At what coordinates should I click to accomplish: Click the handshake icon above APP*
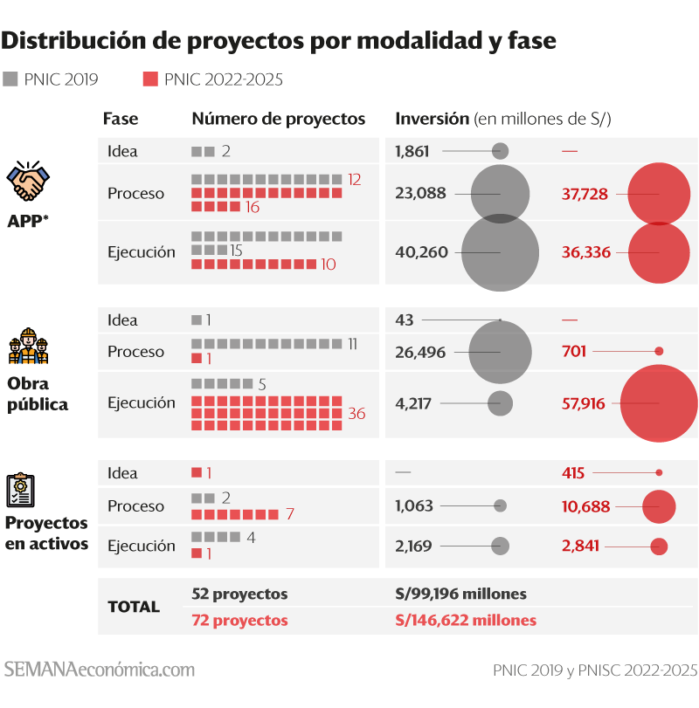(x=28, y=182)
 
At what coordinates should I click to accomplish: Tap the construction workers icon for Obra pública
(x=28, y=347)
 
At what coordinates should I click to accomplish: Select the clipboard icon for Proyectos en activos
(x=21, y=491)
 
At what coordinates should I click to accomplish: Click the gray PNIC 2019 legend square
(x=10, y=79)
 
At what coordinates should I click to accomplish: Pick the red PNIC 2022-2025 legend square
(x=150, y=79)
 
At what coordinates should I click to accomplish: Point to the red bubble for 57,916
(x=659, y=402)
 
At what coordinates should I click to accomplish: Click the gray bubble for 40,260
(x=500, y=252)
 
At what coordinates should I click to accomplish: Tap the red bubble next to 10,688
(x=659, y=506)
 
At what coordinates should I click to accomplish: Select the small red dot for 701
(x=659, y=352)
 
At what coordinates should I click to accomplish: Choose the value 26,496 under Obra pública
(x=421, y=353)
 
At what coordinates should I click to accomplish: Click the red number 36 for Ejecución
(x=356, y=414)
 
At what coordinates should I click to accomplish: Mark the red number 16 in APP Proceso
(x=253, y=207)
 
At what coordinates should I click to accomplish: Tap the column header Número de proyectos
(x=279, y=119)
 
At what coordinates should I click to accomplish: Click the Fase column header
(x=121, y=119)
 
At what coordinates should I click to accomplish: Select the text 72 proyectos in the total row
(x=239, y=621)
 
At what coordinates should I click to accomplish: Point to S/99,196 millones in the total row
(x=461, y=594)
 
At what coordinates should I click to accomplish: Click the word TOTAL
(x=134, y=607)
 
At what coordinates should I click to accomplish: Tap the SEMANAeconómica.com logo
(x=100, y=670)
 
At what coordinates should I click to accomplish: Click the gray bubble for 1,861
(x=501, y=151)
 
